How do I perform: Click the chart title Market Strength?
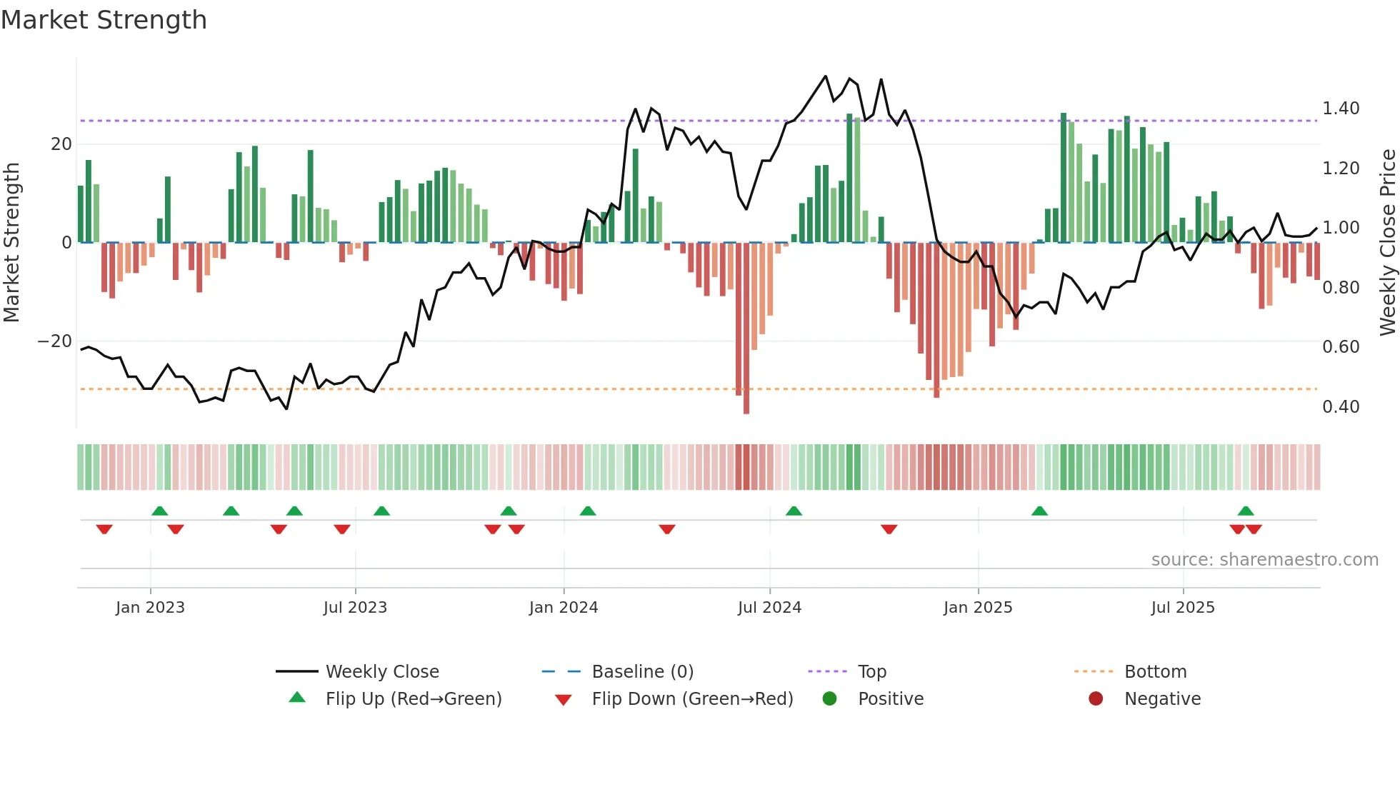(x=104, y=20)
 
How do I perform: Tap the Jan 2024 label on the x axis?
(x=563, y=608)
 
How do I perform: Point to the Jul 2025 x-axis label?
(x=1182, y=608)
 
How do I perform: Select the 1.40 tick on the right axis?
(x=1340, y=109)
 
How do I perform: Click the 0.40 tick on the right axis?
(x=1340, y=407)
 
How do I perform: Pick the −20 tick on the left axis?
(x=54, y=341)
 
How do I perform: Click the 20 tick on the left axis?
(x=61, y=144)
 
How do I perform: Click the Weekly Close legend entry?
(x=381, y=672)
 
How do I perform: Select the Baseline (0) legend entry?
(x=642, y=672)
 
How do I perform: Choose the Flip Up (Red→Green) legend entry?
(x=413, y=699)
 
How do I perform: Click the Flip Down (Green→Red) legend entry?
(x=691, y=699)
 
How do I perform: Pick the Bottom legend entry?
(x=1154, y=672)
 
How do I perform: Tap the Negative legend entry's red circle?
(x=1095, y=699)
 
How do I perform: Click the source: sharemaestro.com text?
(x=1264, y=560)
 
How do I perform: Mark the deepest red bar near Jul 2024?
(x=746, y=329)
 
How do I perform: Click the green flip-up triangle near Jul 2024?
(x=794, y=511)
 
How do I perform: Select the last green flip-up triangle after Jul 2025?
(x=1246, y=511)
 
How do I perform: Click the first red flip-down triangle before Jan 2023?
(x=104, y=529)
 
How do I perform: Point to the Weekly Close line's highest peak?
(x=826, y=76)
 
